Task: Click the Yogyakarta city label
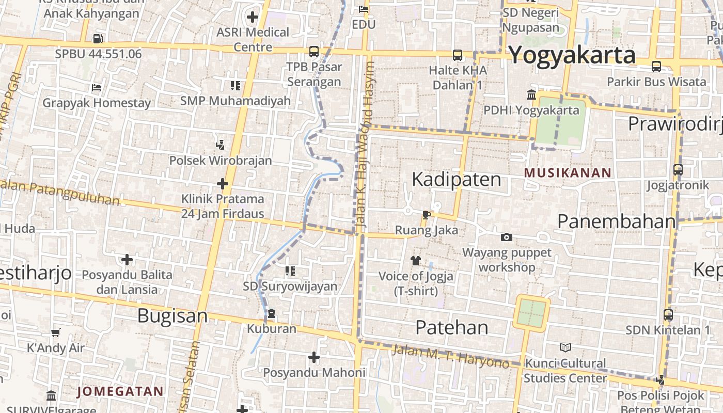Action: (572, 55)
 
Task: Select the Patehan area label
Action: (452, 327)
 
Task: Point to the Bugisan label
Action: (172, 315)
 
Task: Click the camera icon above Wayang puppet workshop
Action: (507, 237)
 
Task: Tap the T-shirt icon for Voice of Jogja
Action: (416, 260)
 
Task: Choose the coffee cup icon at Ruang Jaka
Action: (426, 215)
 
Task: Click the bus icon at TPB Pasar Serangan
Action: (314, 52)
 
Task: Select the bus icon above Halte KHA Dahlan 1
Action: (458, 55)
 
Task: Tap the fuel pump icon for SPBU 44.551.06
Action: (98, 38)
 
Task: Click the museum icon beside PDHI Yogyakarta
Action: (531, 94)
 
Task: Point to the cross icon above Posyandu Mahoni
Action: (313, 357)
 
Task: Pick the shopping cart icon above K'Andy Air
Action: (55, 332)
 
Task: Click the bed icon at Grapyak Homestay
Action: (96, 87)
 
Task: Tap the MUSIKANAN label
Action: (568, 173)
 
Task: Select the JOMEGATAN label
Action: (120, 391)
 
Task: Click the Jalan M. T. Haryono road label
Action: (450, 357)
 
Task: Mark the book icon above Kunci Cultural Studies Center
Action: (565, 347)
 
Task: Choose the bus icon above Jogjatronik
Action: (678, 169)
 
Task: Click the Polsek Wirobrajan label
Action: (221, 161)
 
